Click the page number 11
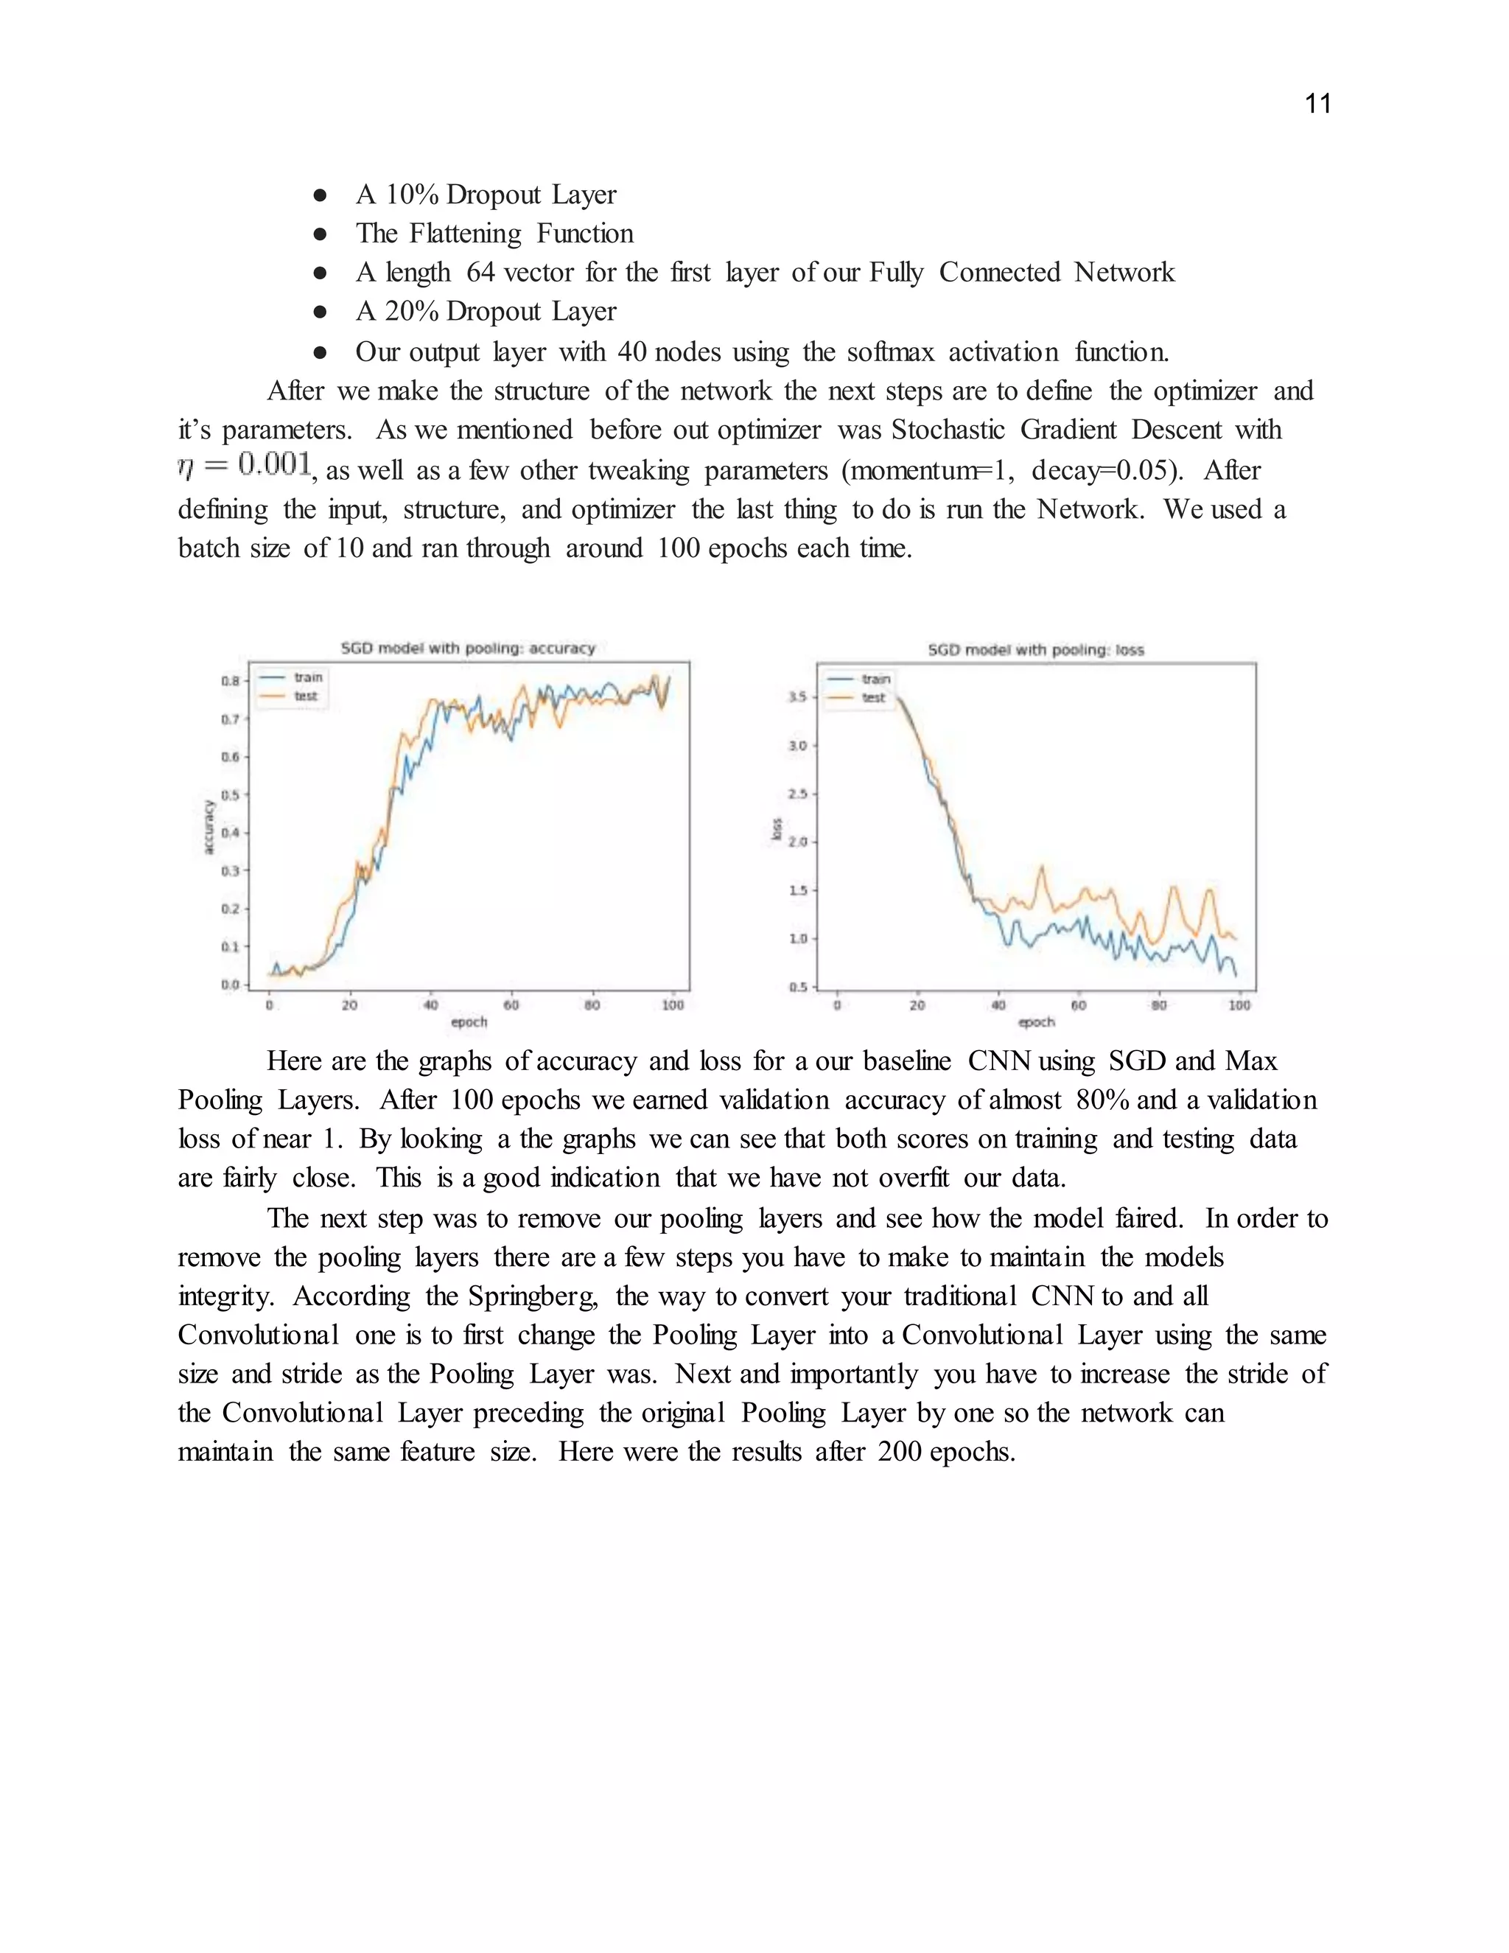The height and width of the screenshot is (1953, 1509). click(x=1317, y=104)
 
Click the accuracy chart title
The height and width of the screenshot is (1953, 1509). click(x=468, y=649)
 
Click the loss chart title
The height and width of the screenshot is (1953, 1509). click(x=1035, y=650)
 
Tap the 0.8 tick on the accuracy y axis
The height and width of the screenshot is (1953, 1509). click(x=231, y=680)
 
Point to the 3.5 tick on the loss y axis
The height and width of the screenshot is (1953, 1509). click(x=797, y=696)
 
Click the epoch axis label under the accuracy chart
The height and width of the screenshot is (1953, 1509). click(x=469, y=1021)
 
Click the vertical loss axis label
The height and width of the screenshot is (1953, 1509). click(x=776, y=829)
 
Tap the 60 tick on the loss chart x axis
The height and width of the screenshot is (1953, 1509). click(x=1078, y=1005)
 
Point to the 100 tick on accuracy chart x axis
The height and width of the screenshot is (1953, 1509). click(x=672, y=1005)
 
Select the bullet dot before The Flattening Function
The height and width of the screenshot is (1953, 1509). click(x=320, y=234)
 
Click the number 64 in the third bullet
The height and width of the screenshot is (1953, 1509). click(x=480, y=272)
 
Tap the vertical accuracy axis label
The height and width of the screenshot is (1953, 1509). click(x=209, y=826)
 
